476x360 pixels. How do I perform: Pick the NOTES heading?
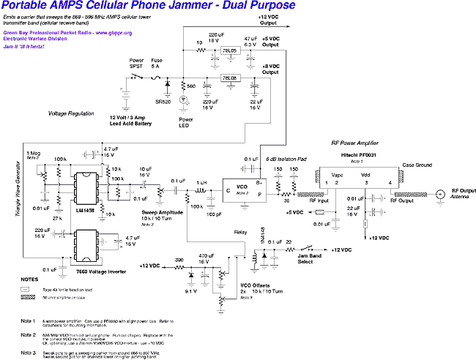[x=30, y=279]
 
